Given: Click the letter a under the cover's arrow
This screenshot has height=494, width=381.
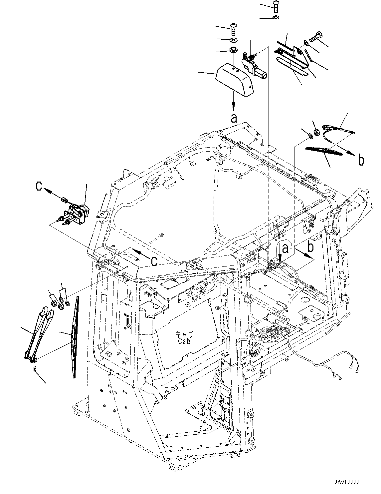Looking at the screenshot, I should tap(234, 118).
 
